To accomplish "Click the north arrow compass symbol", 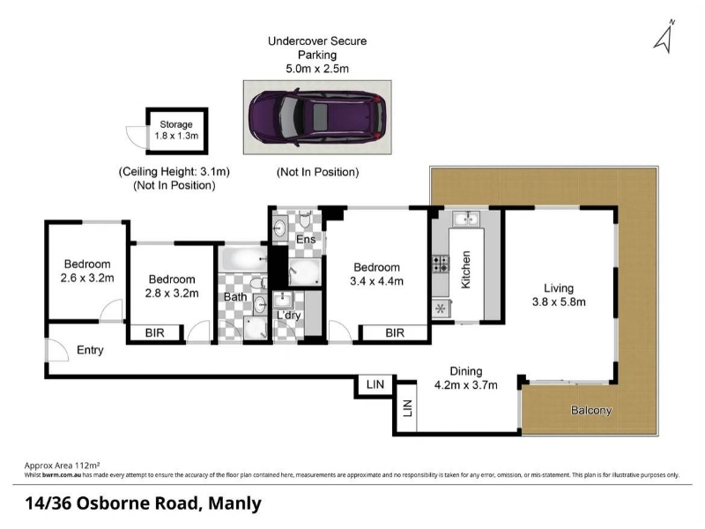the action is [x=664, y=38].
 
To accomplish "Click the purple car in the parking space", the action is [x=317, y=117].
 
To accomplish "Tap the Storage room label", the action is [x=176, y=124].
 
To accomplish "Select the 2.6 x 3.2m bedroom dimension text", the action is [x=87, y=279].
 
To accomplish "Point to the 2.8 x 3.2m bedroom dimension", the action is [x=172, y=294].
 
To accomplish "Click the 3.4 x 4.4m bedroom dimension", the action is [x=377, y=281].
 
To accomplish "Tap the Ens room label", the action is [x=306, y=239].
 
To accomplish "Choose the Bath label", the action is [x=235, y=297].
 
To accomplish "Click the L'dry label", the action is [x=288, y=315].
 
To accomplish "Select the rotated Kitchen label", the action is [x=466, y=270].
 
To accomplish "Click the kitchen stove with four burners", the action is [x=441, y=264].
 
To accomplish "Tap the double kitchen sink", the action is [x=466, y=219].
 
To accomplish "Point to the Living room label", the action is [x=559, y=288].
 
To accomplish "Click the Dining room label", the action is [x=466, y=371].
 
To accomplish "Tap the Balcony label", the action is [x=591, y=410].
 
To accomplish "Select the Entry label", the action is [x=90, y=350].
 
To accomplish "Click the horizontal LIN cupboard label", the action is [x=375, y=384].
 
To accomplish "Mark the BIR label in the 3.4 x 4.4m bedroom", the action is [x=395, y=333].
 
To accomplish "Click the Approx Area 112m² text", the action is [x=62, y=466].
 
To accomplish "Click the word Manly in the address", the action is [x=234, y=503].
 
